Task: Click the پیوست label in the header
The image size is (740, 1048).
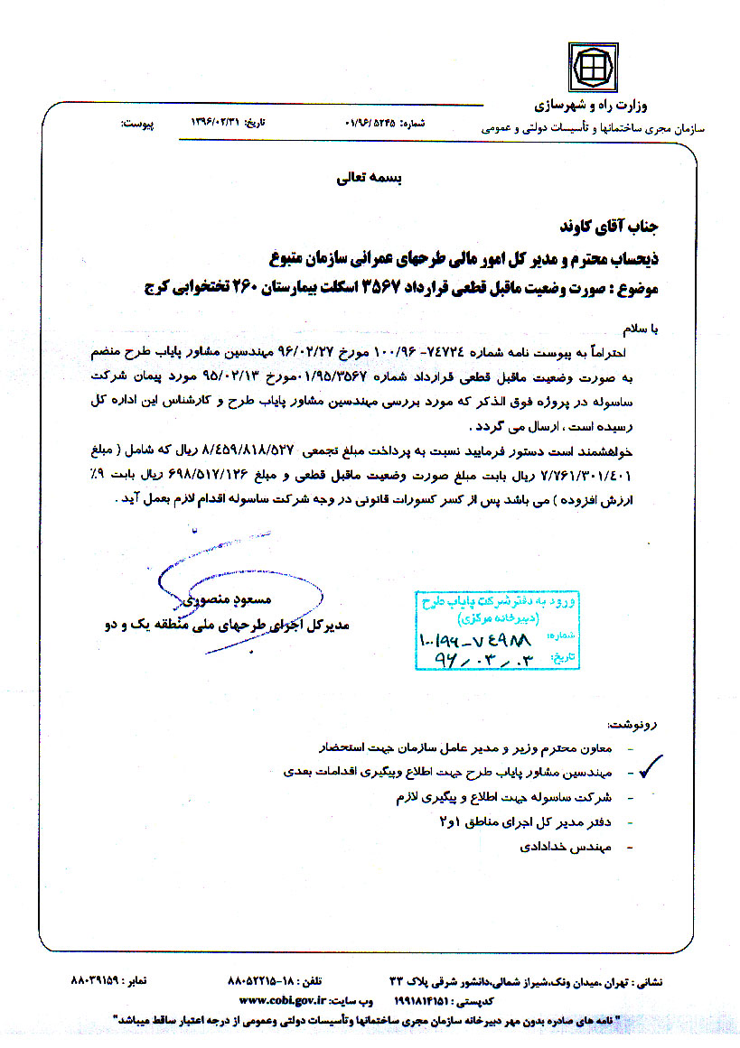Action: (x=138, y=120)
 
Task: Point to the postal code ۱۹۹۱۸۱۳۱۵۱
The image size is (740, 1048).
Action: (x=430, y=1000)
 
